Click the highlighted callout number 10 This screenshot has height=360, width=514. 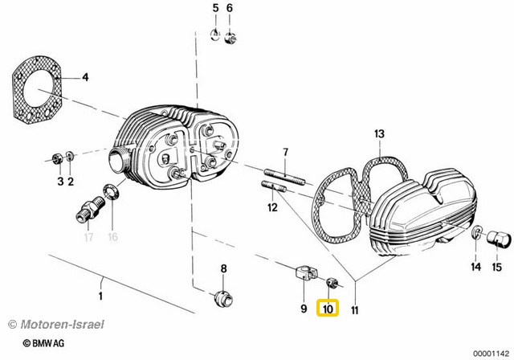(x=328, y=309)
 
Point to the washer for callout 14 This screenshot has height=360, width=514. (x=477, y=232)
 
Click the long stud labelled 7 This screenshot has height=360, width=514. (x=284, y=177)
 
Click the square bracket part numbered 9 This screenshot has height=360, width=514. (x=305, y=273)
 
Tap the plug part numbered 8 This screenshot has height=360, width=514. (x=223, y=299)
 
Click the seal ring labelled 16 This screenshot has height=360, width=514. (x=111, y=192)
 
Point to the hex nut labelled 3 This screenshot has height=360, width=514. (x=58, y=159)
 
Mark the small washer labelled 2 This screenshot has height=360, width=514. (x=70, y=156)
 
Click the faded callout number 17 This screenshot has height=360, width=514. (x=88, y=237)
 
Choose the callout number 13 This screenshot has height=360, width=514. (x=379, y=133)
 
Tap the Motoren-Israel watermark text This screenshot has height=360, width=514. (x=55, y=325)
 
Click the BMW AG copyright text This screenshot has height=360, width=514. (x=43, y=343)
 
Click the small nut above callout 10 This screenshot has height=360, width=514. (x=332, y=282)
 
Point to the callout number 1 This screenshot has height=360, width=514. (x=100, y=296)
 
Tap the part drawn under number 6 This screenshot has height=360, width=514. (x=230, y=38)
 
